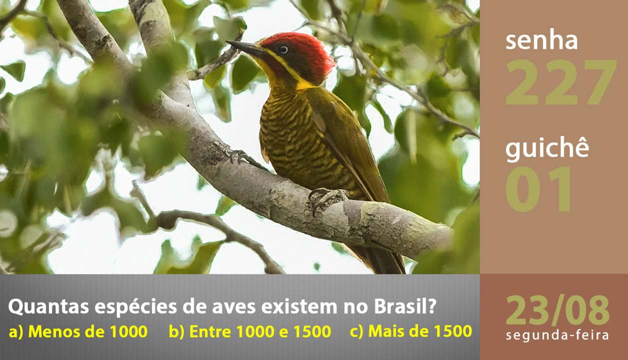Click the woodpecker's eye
(x=283, y=49)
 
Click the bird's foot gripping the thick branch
(x=327, y=198)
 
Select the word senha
(x=542, y=41)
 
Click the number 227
(x=561, y=82)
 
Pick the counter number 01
(x=538, y=189)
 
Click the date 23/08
(x=558, y=310)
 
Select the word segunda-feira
(x=558, y=335)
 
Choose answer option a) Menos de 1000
(x=78, y=331)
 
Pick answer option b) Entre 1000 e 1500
(x=250, y=331)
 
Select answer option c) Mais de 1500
(x=411, y=331)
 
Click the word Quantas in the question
(x=48, y=306)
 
